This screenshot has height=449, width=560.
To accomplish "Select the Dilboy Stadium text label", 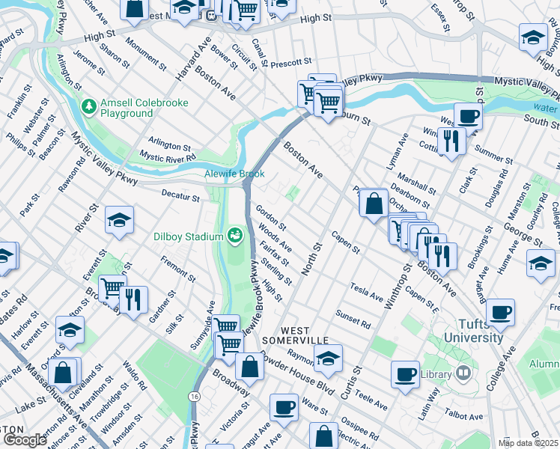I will (x=189, y=236).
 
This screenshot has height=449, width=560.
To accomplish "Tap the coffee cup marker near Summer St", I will (x=468, y=117).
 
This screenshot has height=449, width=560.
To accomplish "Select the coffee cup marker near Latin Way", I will (x=406, y=373).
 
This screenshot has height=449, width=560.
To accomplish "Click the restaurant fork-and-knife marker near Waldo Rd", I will (x=133, y=299).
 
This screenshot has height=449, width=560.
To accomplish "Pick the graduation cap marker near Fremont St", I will (x=119, y=219).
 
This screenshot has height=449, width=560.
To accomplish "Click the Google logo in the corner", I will (x=25, y=440).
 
